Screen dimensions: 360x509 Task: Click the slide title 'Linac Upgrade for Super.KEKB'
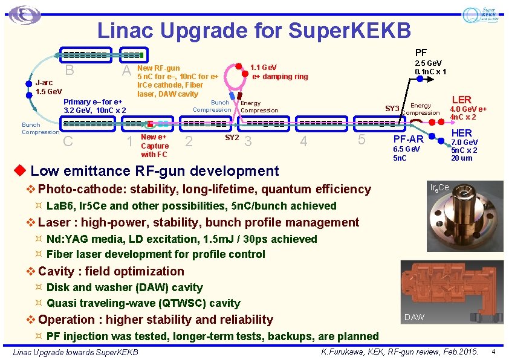point(254,30)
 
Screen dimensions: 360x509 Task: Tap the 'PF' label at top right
point(421,53)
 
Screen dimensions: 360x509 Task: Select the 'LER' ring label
point(461,100)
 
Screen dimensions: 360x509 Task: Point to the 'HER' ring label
point(461,133)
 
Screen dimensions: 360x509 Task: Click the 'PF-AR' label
point(409,140)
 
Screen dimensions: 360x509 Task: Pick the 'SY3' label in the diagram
point(392,109)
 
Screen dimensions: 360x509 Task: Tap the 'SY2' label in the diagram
point(232,137)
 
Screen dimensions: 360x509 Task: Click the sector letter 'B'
point(70,71)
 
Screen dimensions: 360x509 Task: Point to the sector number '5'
point(361,140)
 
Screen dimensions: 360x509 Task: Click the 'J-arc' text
point(44,83)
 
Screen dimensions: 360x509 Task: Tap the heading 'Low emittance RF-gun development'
point(154,172)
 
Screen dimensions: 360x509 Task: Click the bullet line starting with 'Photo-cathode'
point(204,189)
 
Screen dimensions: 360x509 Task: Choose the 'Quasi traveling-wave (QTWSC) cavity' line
point(143,303)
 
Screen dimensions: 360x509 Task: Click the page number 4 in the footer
point(493,352)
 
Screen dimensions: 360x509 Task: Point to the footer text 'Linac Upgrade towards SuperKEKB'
point(76,352)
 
